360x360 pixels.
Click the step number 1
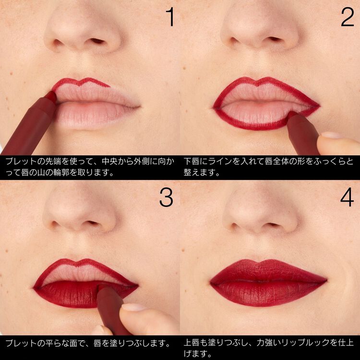point(170,17)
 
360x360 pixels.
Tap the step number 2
point(348,17)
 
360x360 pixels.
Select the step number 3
point(166,197)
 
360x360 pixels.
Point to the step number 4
point(347,197)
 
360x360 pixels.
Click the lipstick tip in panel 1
point(51,96)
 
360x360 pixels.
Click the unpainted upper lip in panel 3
point(80,273)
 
